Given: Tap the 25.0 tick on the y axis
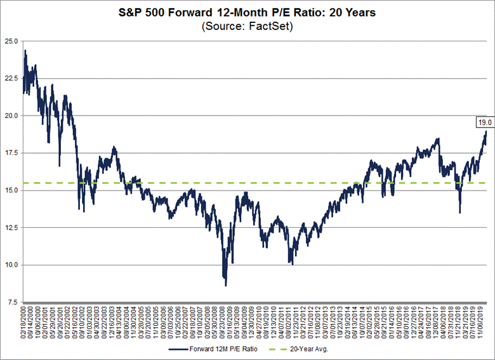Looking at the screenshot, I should (x=10, y=41).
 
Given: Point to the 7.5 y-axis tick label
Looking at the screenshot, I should (x=11, y=302).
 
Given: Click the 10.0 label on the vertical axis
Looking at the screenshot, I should (x=10, y=265).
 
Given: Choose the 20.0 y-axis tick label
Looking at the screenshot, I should (x=10, y=116).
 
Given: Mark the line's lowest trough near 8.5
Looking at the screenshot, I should (x=225, y=286).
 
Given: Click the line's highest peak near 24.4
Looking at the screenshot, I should (x=25, y=50).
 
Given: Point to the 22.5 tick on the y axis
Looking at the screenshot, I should (x=10, y=79).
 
